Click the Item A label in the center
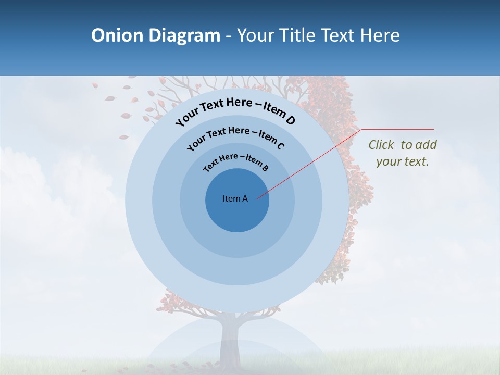pyautogui.click(x=235, y=198)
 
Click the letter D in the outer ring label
pyautogui.click(x=290, y=121)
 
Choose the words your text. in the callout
pyautogui.click(x=402, y=161)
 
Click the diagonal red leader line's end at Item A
pyautogui.click(x=258, y=198)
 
